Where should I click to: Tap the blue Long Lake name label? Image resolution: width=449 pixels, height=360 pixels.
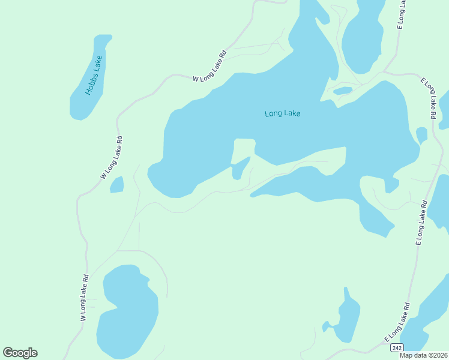[x=282, y=113]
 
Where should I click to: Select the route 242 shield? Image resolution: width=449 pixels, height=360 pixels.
[x=396, y=348]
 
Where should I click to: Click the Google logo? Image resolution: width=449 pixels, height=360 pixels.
[x=20, y=353]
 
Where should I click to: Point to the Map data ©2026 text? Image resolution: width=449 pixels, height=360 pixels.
[x=424, y=355]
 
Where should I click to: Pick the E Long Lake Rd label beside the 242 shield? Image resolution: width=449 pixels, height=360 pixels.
[x=397, y=322]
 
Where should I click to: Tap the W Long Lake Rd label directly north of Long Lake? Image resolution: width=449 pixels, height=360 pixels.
[x=209, y=65]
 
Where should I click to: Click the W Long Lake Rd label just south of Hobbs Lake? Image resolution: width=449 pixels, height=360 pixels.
[x=112, y=158]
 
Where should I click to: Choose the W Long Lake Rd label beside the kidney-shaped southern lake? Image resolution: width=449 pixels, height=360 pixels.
[x=85, y=298]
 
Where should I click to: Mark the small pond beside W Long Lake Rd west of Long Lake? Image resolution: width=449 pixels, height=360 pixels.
[x=117, y=185]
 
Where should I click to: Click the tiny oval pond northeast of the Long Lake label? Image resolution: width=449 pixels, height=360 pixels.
[x=343, y=91]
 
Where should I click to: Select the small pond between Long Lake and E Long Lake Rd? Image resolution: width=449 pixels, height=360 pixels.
[x=421, y=135]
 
